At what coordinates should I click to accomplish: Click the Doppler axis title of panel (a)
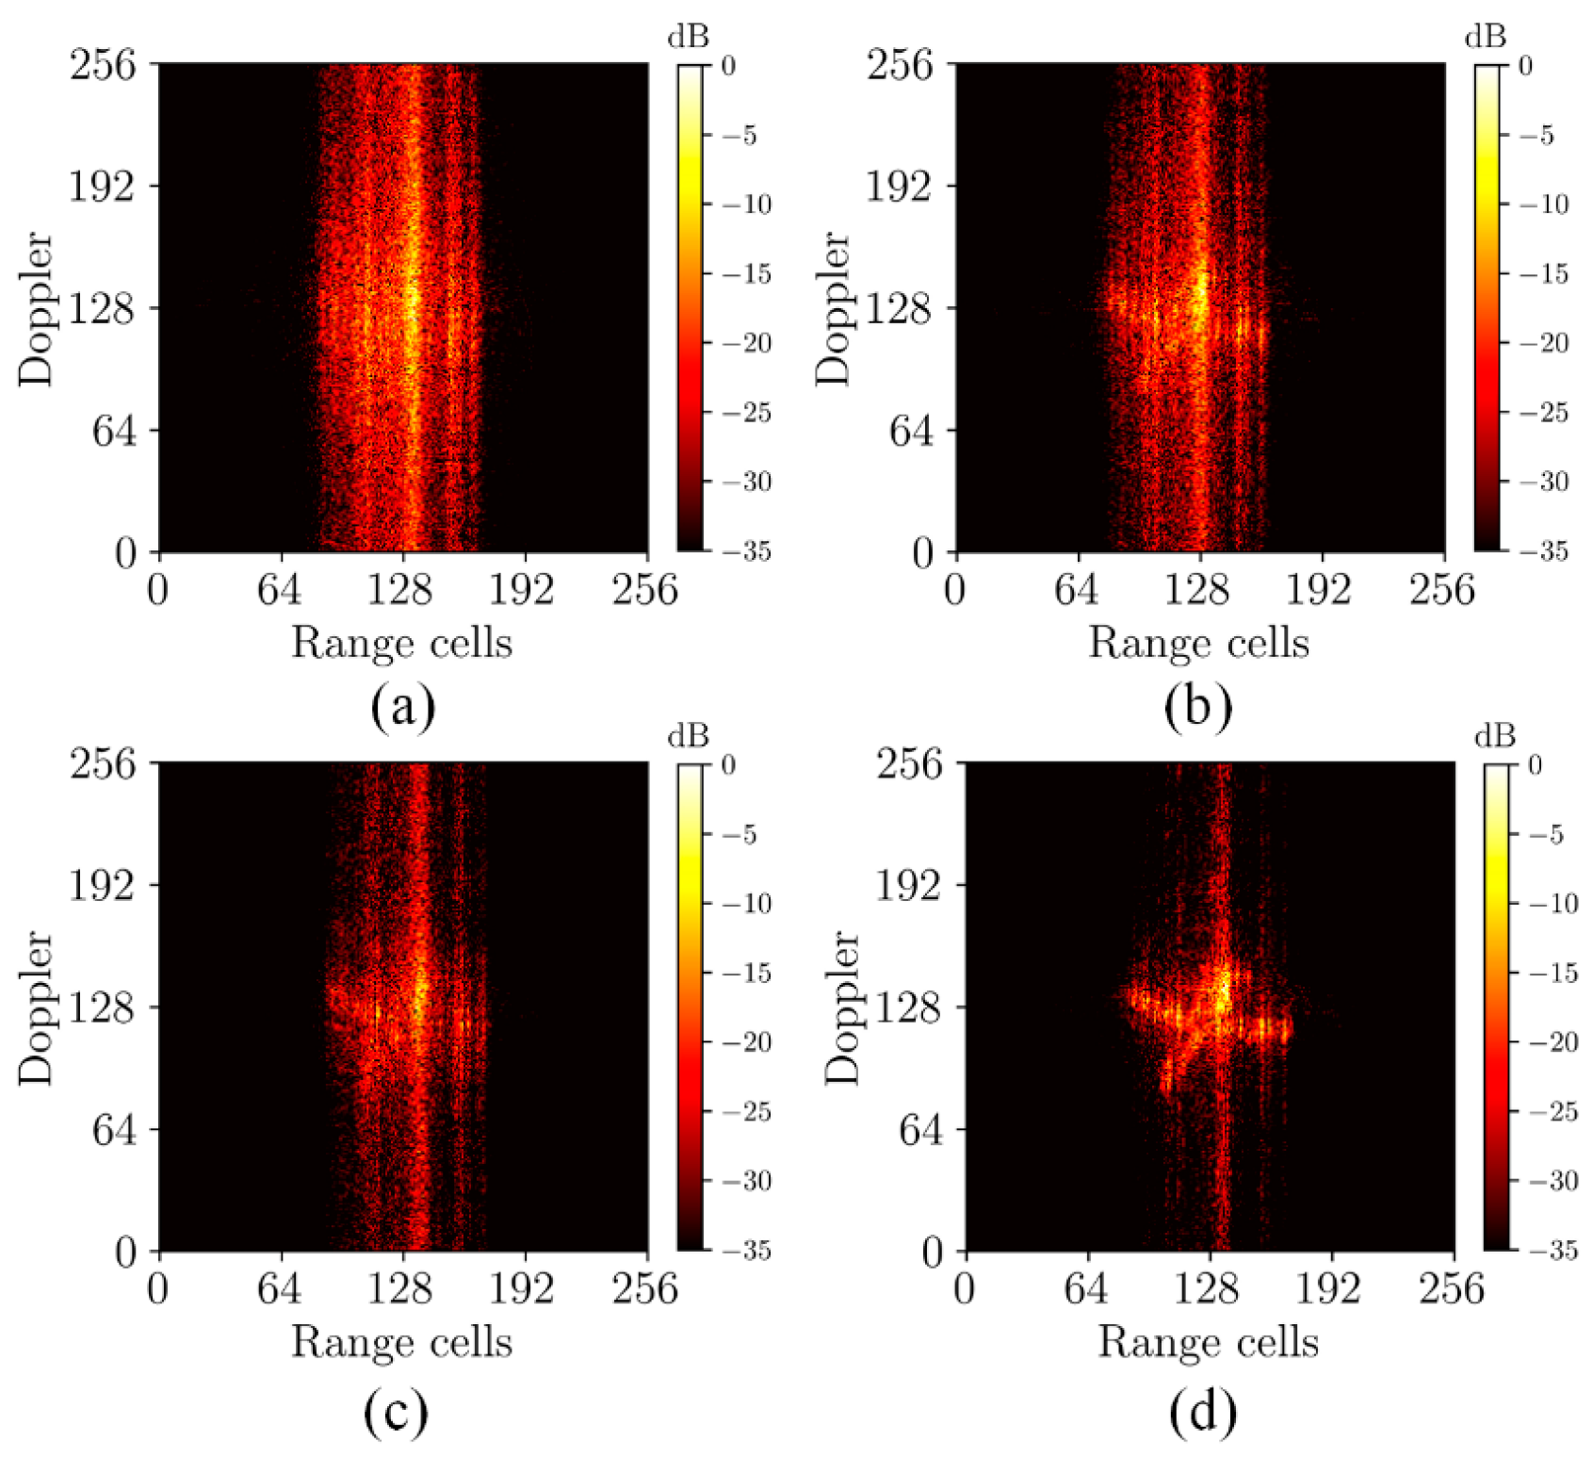coord(37,308)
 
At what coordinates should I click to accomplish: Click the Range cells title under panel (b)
coord(1198,643)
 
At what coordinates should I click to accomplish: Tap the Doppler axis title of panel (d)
coord(842,1007)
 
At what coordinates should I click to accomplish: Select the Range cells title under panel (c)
coord(401,1342)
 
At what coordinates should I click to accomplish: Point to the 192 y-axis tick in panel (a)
coord(101,186)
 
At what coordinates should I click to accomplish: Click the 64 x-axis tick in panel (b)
coord(1077,590)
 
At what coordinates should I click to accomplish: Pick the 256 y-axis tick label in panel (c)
coord(102,762)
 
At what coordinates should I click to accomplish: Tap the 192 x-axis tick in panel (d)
coord(1328,1288)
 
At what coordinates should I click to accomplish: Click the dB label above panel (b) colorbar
coord(1485,37)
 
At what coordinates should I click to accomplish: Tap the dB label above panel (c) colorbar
coord(688,736)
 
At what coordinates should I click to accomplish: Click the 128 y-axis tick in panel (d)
coord(908,1007)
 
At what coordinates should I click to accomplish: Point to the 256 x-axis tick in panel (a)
coord(645,590)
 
